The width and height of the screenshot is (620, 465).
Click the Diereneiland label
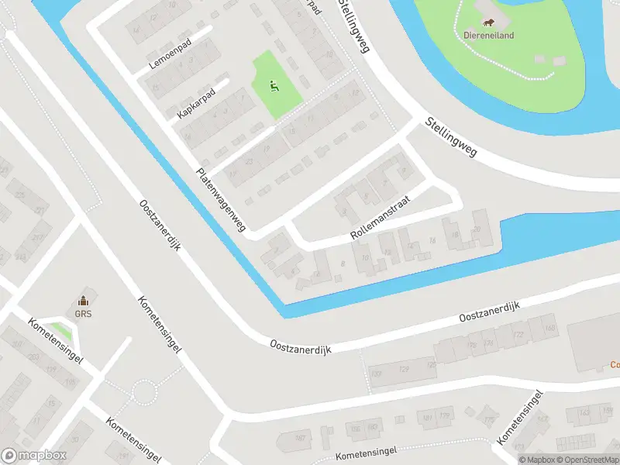pyautogui.click(x=489, y=35)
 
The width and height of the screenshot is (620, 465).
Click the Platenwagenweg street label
pyautogui.click(x=221, y=200)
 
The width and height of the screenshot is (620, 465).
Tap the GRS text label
pyautogui.click(x=84, y=315)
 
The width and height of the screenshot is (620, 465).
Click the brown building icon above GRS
pyautogui.click(x=84, y=301)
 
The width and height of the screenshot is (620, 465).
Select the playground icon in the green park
pyautogui.click(x=273, y=86)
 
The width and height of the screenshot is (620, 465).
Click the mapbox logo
pyautogui.click(x=34, y=456)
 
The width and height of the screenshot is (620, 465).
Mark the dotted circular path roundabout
pyautogui.click(x=145, y=393)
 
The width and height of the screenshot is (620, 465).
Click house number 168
pyautogui.click(x=550, y=328)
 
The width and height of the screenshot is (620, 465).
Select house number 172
pyautogui.click(x=518, y=334)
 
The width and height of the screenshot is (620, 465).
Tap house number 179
pyautogui.click(x=445, y=416)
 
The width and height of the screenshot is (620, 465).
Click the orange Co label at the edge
pyautogui.click(x=614, y=364)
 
